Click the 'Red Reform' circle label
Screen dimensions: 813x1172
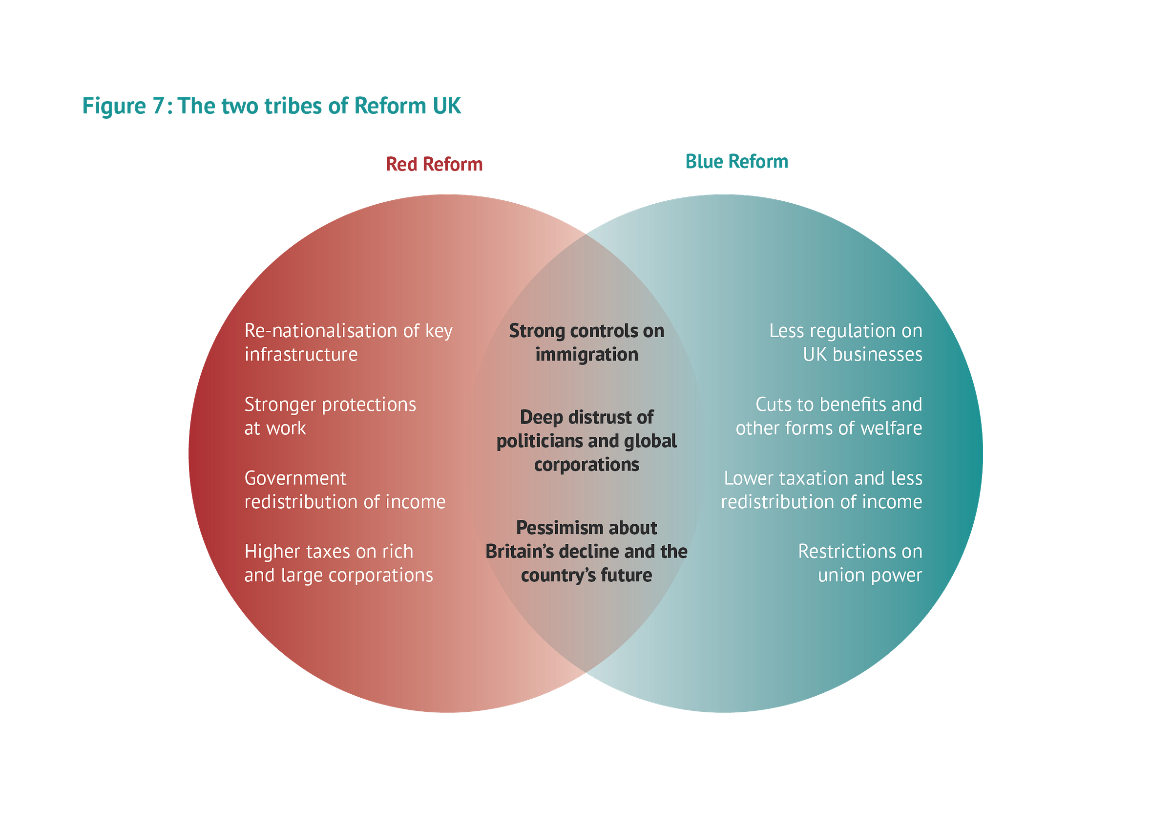(x=434, y=164)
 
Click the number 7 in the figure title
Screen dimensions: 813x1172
(x=158, y=106)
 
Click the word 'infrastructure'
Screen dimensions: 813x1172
(x=301, y=354)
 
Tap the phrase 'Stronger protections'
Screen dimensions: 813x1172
(x=330, y=404)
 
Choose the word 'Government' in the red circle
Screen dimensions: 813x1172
(x=295, y=478)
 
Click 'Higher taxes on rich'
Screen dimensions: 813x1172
(x=328, y=551)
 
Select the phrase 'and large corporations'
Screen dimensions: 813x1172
(x=338, y=575)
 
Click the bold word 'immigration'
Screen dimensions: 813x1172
(x=586, y=354)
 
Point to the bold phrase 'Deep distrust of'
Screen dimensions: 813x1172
(x=586, y=417)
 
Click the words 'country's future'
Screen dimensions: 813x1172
(x=586, y=575)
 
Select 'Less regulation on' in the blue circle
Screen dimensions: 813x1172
(x=845, y=331)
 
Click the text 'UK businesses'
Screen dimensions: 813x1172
(x=862, y=354)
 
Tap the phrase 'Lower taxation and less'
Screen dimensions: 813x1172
(x=823, y=478)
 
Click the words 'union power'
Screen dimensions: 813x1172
(x=870, y=575)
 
